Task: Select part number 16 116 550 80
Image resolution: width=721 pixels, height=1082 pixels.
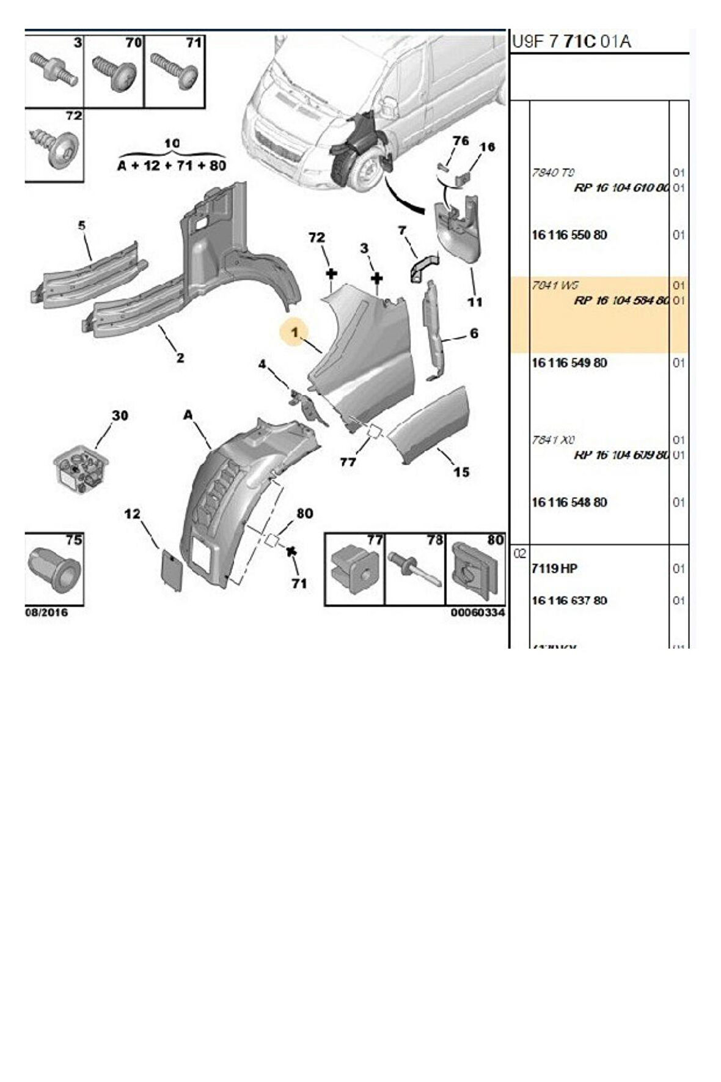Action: pos(569,235)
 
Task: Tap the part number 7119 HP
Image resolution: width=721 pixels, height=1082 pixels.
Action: pos(554,569)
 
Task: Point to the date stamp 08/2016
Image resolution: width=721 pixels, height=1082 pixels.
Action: pos(46,613)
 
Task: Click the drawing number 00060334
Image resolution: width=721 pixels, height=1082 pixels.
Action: pos(478,613)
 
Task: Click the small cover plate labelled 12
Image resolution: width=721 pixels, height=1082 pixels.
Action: pos(170,569)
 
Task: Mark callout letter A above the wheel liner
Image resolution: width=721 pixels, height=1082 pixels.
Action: pos(188,416)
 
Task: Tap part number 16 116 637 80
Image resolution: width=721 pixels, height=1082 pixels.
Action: pos(569,601)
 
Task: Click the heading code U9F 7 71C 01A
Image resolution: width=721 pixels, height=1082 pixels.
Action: pos(571,42)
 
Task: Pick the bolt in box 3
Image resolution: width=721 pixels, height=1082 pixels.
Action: pos(54,69)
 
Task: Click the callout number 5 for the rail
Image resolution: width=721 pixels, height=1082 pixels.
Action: pos(82,226)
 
